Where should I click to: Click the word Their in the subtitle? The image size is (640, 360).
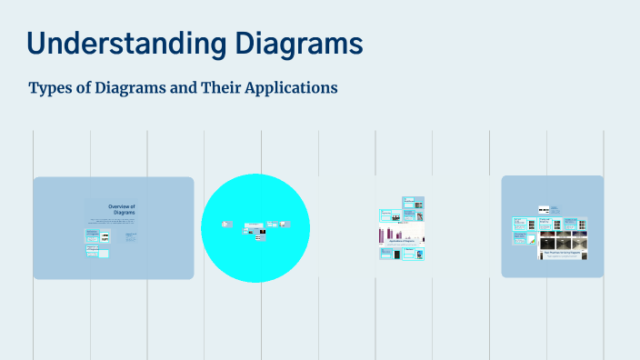[x=220, y=88]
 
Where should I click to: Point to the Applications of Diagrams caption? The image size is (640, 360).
[x=402, y=243]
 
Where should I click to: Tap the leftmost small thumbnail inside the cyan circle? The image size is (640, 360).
[x=226, y=224]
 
